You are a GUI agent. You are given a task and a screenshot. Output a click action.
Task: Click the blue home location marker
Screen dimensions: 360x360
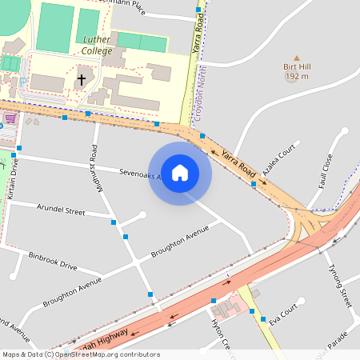point(180,173)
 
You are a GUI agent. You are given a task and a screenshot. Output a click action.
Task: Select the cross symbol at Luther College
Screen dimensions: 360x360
point(82,80)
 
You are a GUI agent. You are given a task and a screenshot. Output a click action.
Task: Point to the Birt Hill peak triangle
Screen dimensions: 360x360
point(297,58)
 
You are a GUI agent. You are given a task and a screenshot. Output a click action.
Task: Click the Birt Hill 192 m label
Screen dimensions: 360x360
point(297,72)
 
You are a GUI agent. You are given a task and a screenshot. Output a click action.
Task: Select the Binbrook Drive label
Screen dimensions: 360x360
point(53,261)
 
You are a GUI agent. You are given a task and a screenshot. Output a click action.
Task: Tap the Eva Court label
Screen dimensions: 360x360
point(283,314)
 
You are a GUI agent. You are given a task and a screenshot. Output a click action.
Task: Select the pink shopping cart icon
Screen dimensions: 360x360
point(10,118)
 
